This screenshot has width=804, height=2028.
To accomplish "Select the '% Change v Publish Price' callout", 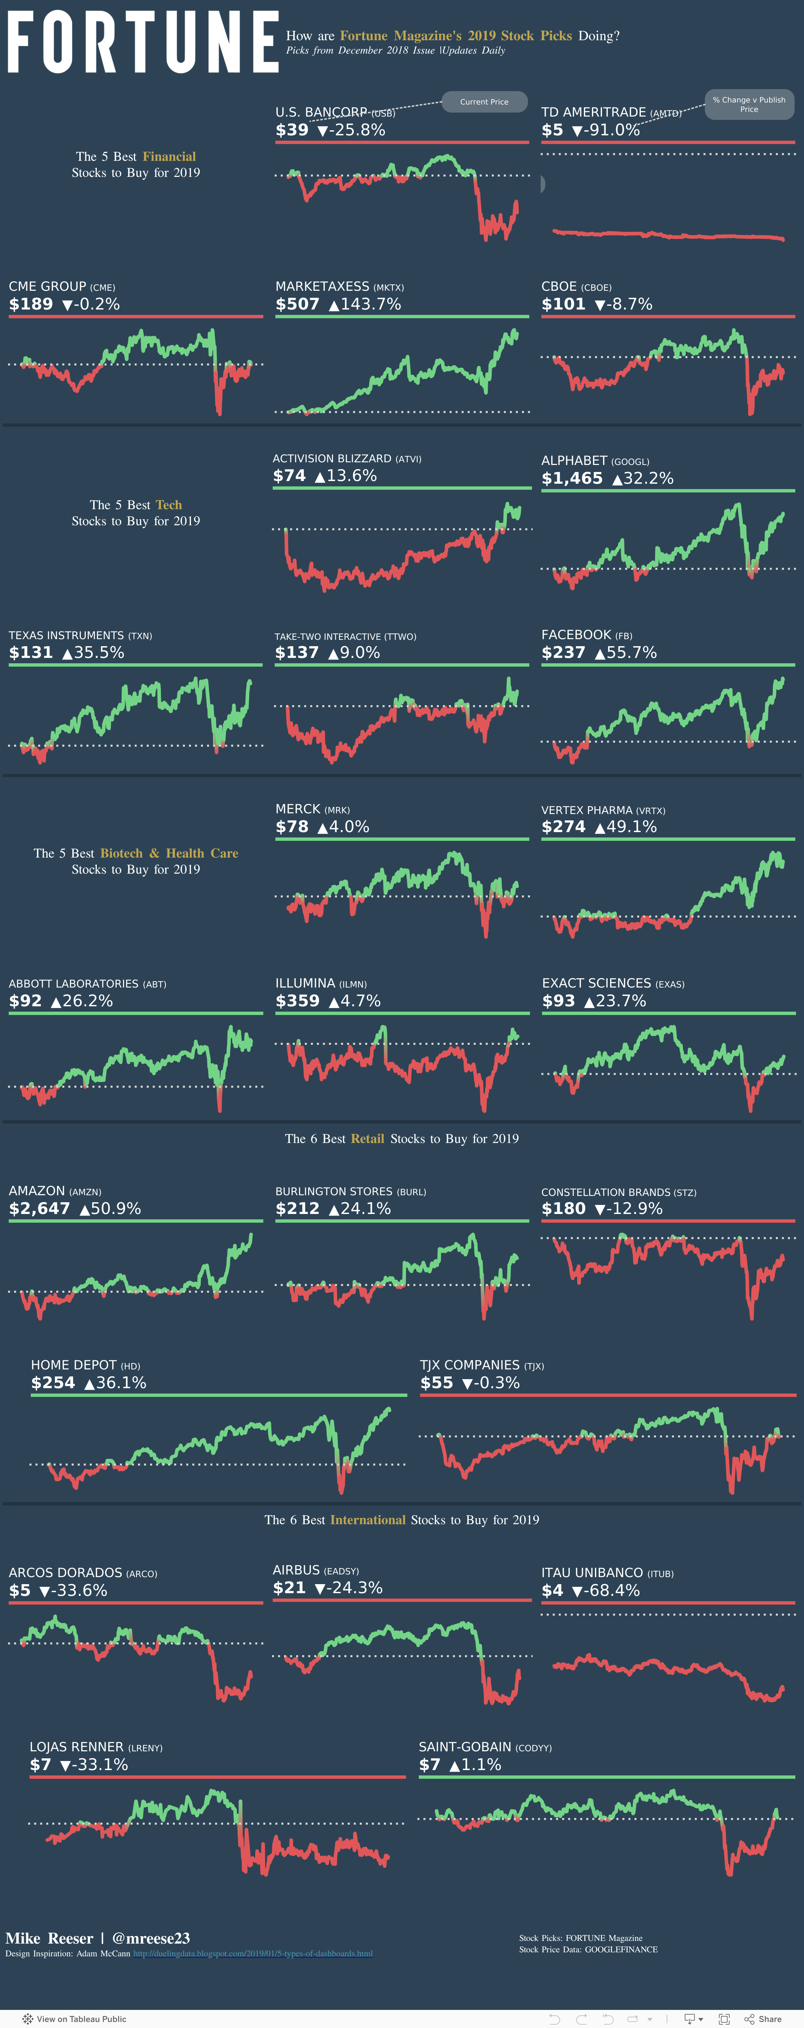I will click(x=749, y=104).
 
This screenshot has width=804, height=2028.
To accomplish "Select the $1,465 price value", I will click(x=572, y=479).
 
